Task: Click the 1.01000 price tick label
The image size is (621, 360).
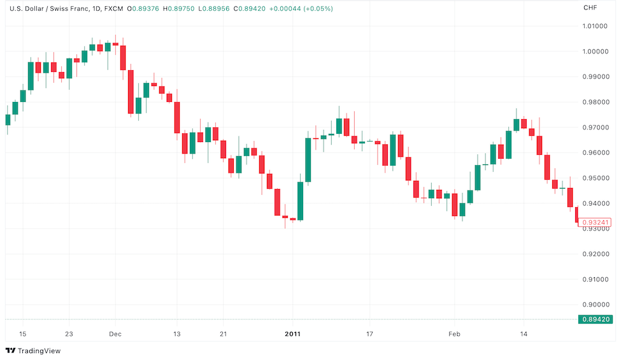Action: (x=595, y=26)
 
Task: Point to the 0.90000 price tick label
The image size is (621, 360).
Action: (x=595, y=305)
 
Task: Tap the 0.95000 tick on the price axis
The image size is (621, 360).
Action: (x=595, y=178)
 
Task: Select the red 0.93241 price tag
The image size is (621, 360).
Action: (x=595, y=222)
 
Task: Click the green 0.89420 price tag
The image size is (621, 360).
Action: (x=595, y=319)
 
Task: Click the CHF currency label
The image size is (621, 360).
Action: (x=590, y=8)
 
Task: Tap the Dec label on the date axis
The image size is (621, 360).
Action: (x=115, y=334)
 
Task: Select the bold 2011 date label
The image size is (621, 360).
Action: (x=292, y=334)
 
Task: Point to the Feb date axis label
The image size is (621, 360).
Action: (x=453, y=334)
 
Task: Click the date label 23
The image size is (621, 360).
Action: (x=69, y=334)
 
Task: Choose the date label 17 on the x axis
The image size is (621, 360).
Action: (x=369, y=334)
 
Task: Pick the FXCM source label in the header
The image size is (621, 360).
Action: (x=114, y=8)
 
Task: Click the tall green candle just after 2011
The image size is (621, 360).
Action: (x=308, y=160)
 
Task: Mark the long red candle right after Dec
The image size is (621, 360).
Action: (x=131, y=92)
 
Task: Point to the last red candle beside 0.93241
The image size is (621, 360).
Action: (x=576, y=215)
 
